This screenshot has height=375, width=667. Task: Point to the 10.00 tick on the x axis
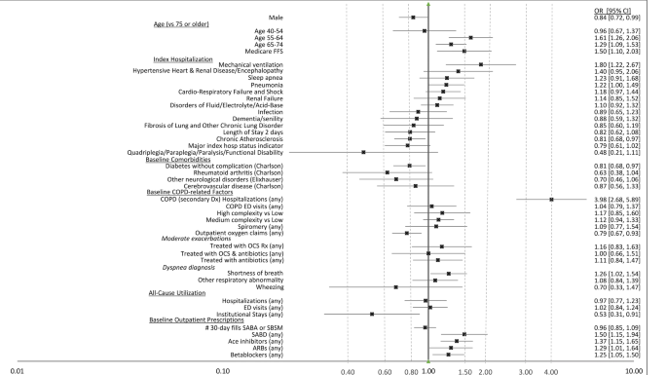635,370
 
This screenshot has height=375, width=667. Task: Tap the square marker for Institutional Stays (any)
372,314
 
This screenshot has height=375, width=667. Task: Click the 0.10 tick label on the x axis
223,370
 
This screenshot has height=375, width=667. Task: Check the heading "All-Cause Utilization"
181,293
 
